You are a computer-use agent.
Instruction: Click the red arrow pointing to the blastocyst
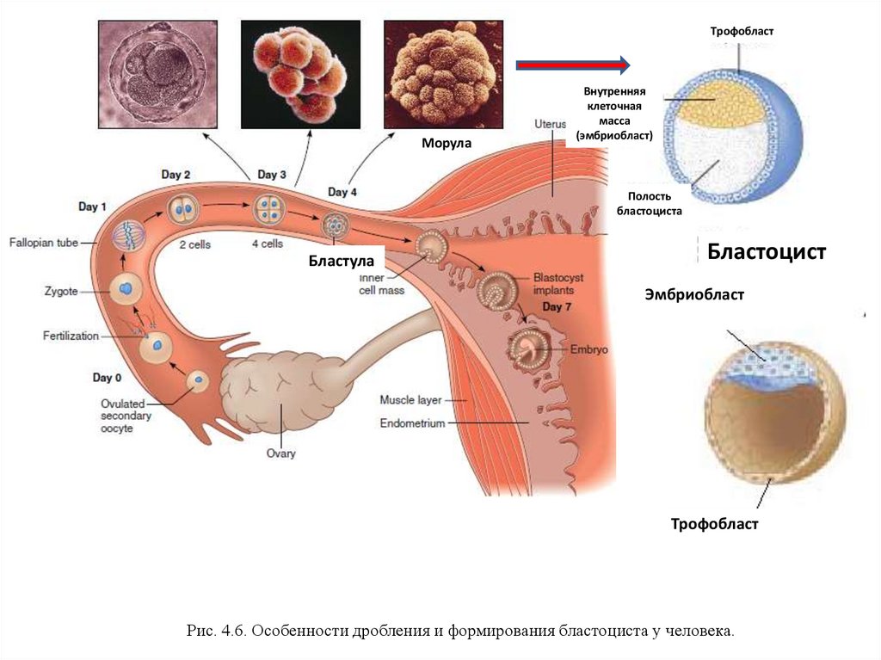point(573,65)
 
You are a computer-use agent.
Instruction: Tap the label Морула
point(446,142)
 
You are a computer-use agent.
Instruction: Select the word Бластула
point(341,260)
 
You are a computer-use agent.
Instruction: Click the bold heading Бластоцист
point(767,252)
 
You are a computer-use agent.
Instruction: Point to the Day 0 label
point(108,378)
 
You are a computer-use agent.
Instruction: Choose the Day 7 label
point(558,307)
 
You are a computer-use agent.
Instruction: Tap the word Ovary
point(280,453)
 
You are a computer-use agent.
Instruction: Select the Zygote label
point(61,292)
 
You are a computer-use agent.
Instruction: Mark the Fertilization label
point(71,336)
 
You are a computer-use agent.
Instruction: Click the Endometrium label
point(413,423)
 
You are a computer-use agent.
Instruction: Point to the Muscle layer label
point(410,400)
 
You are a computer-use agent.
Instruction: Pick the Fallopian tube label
point(45,244)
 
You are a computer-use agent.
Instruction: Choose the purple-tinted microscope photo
point(153,74)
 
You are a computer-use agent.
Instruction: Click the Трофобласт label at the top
point(742,31)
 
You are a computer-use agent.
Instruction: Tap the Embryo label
point(588,350)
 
